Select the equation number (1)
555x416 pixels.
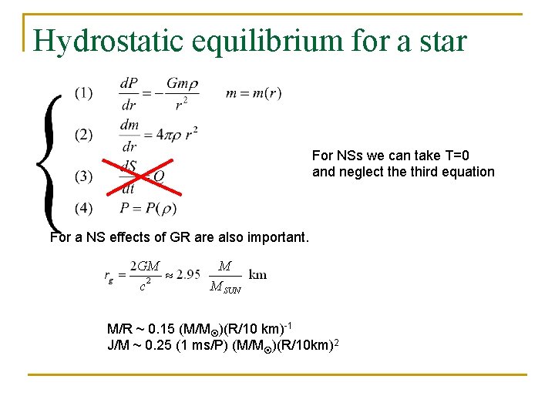83,93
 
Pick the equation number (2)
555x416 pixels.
83,135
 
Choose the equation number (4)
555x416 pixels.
83,207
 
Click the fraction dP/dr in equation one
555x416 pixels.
129,93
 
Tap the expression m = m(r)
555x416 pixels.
254,93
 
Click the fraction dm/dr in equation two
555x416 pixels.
129,135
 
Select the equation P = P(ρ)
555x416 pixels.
148,208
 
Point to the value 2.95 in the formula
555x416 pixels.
188,275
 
